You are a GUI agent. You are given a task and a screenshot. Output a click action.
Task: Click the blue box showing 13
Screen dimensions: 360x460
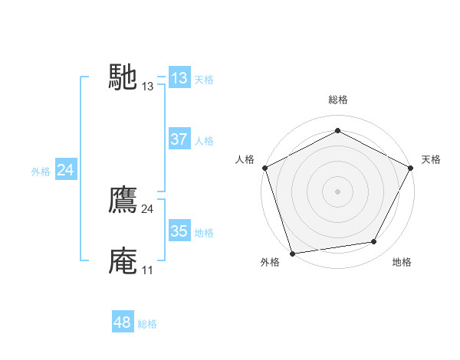(x=179, y=78)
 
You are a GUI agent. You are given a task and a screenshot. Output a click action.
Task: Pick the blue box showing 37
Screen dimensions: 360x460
(x=179, y=139)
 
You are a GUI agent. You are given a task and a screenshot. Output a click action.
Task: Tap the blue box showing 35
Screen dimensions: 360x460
(x=179, y=231)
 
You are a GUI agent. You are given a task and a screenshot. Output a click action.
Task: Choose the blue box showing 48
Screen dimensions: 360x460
(x=123, y=322)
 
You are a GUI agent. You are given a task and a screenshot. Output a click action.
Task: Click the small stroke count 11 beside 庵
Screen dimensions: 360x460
(x=146, y=270)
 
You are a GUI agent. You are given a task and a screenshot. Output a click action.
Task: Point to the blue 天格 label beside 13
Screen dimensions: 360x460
(x=204, y=80)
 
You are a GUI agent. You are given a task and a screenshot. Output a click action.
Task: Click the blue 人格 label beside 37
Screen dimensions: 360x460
(x=204, y=141)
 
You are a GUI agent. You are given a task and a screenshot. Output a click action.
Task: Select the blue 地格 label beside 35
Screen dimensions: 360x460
(x=204, y=233)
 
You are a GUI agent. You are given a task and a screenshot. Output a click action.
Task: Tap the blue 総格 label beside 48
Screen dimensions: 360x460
(x=147, y=324)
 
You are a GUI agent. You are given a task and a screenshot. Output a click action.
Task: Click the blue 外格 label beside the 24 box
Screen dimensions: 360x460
(x=41, y=172)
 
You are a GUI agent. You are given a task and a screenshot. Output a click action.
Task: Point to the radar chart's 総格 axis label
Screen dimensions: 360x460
(x=337, y=100)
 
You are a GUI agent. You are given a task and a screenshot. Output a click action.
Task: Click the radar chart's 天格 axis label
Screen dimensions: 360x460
(x=431, y=159)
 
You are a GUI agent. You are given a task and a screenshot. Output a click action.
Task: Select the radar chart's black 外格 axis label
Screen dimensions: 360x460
(x=270, y=262)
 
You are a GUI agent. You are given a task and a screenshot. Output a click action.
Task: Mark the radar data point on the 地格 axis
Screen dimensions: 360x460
(x=374, y=242)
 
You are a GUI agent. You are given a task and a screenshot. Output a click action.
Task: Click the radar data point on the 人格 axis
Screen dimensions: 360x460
(x=265, y=168)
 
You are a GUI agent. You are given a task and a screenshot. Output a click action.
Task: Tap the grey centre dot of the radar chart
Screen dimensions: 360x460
(x=337, y=191)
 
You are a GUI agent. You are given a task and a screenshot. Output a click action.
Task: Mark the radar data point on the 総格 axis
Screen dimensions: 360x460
(x=337, y=131)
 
